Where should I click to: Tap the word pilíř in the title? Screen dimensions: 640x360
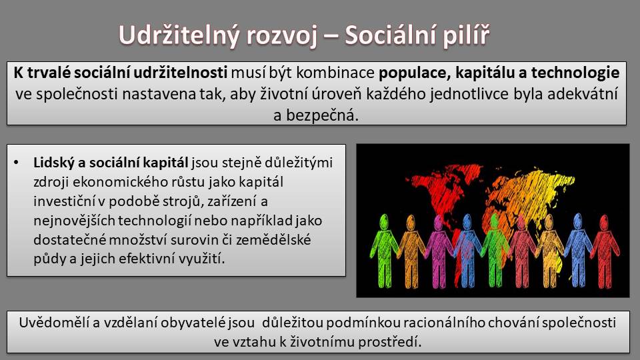tap(466, 35)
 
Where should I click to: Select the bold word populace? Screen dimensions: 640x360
tap(414, 73)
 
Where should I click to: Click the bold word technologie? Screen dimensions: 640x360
tap(575, 73)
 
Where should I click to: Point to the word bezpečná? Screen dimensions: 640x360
tap(322, 115)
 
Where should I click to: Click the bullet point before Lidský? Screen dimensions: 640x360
tap(16, 163)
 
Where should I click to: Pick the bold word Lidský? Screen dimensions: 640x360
tap(53, 163)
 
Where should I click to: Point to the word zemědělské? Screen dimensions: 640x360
tap(274, 239)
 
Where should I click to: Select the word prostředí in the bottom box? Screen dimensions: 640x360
tap(389, 341)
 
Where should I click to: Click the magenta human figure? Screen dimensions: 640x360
tap(439, 251)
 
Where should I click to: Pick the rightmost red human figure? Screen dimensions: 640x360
tap(605, 251)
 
